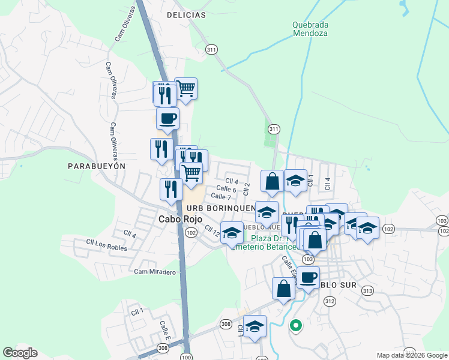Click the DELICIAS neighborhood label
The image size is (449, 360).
[186, 14]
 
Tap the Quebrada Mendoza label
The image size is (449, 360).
[310, 29]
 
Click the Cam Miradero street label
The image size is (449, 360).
[155, 272]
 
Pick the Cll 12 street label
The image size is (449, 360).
[212, 230]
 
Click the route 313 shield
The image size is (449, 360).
[368, 291]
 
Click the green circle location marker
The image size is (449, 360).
[295, 326]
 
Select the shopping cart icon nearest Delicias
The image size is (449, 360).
[186, 89]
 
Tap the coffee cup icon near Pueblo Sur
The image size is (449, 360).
[309, 278]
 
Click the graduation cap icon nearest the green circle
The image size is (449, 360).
[255, 326]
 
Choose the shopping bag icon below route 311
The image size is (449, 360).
[273, 181]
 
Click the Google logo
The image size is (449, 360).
[20, 353]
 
